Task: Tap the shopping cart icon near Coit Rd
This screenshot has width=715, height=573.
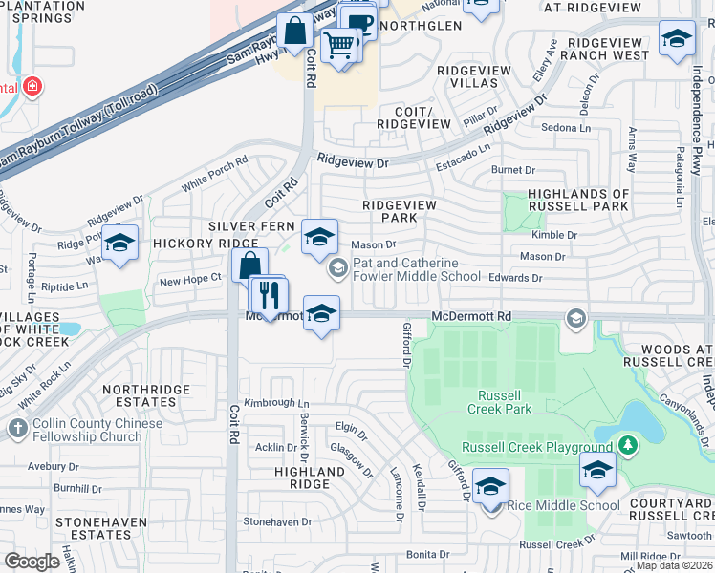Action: [337, 43]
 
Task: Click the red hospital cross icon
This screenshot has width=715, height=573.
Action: [32, 87]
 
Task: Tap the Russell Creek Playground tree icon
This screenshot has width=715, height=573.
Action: [627, 445]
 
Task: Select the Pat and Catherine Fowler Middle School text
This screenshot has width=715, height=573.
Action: [417, 269]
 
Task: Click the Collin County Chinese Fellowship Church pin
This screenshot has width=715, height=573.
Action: [16, 429]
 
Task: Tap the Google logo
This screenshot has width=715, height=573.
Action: [32, 562]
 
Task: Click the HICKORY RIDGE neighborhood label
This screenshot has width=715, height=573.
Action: [192, 244]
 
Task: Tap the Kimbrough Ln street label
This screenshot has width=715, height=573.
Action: [275, 404]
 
